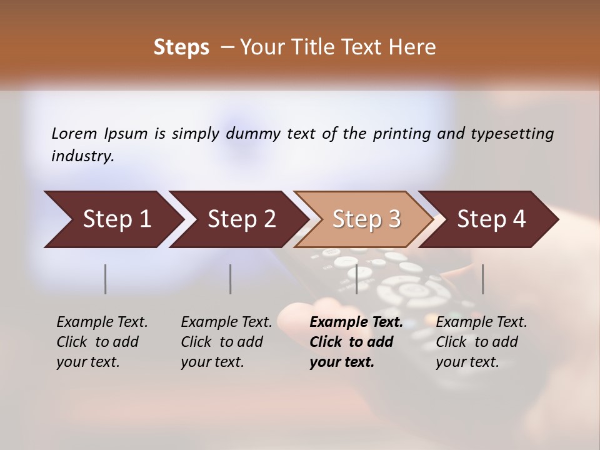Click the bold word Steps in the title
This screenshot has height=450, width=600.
click(181, 47)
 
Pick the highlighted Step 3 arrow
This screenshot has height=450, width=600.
click(366, 219)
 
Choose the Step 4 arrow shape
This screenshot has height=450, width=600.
click(491, 219)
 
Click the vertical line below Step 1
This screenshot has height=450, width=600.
click(106, 279)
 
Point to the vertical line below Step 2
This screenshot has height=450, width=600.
click(231, 279)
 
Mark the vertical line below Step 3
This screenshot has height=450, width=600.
click(357, 279)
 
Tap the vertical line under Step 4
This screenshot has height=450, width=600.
click(483, 279)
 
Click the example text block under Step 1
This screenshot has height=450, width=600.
click(102, 342)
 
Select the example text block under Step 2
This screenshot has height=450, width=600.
click(226, 342)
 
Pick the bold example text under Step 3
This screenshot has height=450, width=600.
click(356, 342)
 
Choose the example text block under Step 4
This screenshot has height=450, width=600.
click(481, 342)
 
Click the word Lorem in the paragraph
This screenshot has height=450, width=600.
click(74, 133)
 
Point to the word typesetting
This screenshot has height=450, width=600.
click(512, 134)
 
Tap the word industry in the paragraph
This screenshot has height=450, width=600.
click(82, 156)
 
